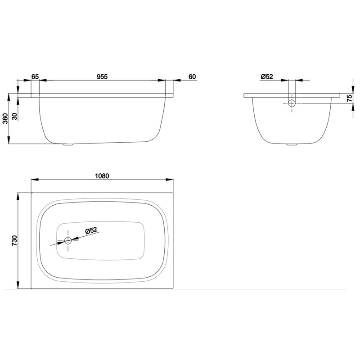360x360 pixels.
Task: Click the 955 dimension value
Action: coord(102,76)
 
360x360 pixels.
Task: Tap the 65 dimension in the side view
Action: coord(35,76)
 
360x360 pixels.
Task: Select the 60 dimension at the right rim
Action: coord(192,76)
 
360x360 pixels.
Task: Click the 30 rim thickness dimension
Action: coord(14,116)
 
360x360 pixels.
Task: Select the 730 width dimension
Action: coord(14,241)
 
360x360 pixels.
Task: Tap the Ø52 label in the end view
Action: coord(267,76)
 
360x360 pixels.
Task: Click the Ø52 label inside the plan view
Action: coord(92,230)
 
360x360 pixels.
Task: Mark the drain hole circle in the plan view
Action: coord(68,240)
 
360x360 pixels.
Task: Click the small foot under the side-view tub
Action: coord(67,145)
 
